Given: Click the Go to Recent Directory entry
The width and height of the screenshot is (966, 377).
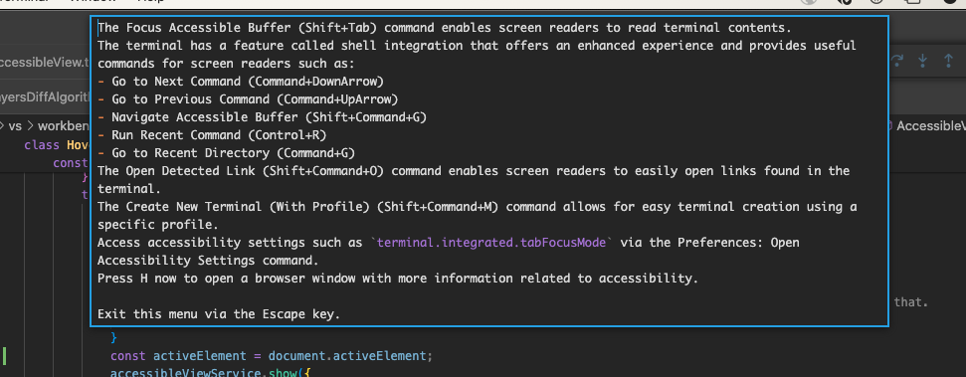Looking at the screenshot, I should (x=188, y=153).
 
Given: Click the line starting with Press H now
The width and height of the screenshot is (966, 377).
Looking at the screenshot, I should (x=398, y=279).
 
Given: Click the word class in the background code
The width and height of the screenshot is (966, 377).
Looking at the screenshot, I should (x=41, y=145).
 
